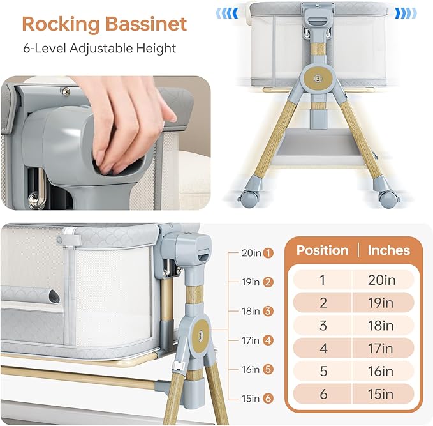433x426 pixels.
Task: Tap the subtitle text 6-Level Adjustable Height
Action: tap(99, 49)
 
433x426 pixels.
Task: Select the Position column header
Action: tap(323, 250)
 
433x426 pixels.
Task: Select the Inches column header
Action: tap(388, 250)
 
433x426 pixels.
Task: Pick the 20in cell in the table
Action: tap(381, 279)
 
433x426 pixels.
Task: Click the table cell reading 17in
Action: tap(381, 348)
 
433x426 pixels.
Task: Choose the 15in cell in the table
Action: tap(381, 393)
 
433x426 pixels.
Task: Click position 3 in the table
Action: tap(323, 325)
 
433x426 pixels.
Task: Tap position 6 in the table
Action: tap(323, 393)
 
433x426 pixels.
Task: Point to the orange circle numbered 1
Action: tap(268, 253)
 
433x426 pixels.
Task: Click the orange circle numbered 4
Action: tap(268, 340)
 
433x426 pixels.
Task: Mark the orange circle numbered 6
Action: tap(268, 399)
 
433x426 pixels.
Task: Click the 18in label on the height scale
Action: tap(251, 311)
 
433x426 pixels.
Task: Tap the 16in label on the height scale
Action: tap(251, 369)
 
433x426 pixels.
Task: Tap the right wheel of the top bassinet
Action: tap(387, 196)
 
